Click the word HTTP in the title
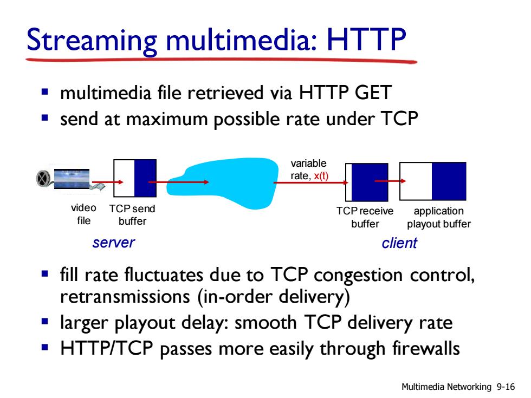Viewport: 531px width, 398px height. tap(366, 40)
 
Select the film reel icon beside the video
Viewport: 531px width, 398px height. tap(43, 178)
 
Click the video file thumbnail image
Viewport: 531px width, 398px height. tap(72, 179)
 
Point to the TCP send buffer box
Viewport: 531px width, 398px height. tap(135, 178)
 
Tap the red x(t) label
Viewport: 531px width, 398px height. tap(321, 176)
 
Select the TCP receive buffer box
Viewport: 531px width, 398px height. tap(366, 182)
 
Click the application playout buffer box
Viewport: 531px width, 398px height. tap(433, 181)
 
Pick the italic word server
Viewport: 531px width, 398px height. tap(113, 243)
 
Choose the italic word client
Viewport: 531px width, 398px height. tap(399, 243)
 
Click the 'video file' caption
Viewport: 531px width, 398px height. tap(83, 214)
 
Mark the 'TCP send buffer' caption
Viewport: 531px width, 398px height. tap(132, 214)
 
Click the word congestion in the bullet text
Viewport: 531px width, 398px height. tap(358, 275)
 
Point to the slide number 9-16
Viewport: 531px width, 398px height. tap(506, 387)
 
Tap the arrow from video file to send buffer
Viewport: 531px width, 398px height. tap(108, 182)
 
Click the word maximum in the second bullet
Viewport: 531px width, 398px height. tap(167, 119)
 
